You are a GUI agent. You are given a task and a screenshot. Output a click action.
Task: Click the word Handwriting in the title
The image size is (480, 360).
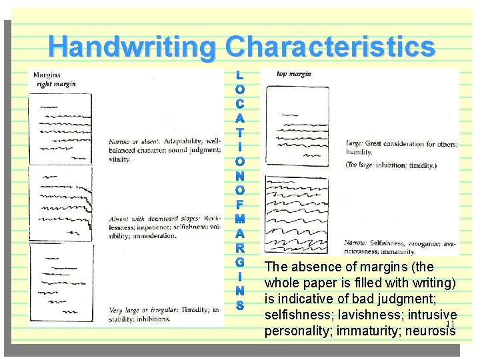coord(133,47)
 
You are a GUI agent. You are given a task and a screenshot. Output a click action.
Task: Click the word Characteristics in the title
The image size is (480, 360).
coord(330,47)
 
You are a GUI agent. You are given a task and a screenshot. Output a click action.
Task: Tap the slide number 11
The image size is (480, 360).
coord(450,324)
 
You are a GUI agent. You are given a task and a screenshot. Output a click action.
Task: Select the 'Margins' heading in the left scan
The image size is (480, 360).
coord(48,75)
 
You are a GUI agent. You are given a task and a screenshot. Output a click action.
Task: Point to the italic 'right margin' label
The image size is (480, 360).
coord(56,84)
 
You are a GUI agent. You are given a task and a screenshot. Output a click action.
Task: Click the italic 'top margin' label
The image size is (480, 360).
coord(293,74)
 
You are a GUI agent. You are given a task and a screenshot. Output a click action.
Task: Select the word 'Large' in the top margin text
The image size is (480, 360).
coord(354,143)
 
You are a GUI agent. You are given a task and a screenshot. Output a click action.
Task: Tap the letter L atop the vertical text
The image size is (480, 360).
coord(240,75)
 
